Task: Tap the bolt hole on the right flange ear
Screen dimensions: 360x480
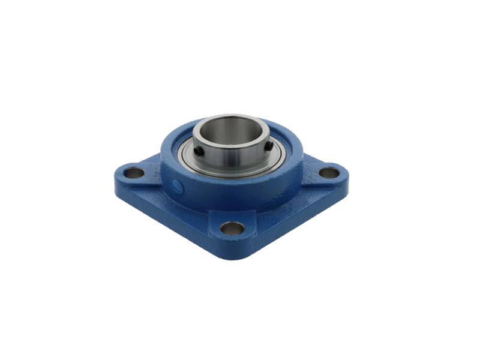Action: coord(329,173)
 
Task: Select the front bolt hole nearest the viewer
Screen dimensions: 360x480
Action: coord(232,228)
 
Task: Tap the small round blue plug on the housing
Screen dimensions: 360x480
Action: coord(178,187)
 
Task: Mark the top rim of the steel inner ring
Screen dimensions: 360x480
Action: coord(231,118)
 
